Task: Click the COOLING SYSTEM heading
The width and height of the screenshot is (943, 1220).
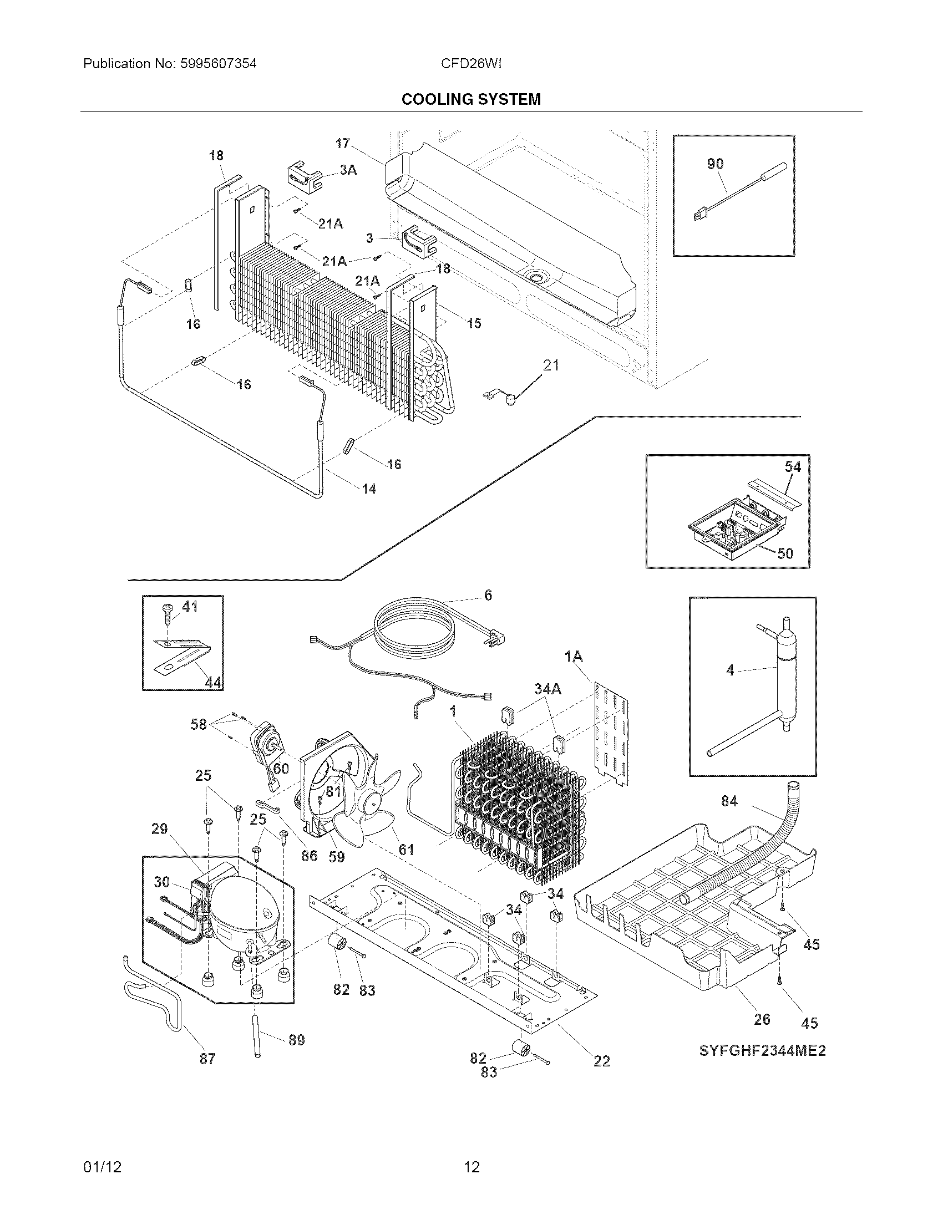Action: coord(471,99)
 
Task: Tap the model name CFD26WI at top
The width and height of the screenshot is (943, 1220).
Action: coord(470,64)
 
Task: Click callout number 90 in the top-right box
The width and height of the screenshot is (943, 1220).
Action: coord(715,164)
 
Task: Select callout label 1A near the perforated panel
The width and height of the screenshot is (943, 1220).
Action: coord(573,657)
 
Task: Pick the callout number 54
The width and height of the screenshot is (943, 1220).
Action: coord(793,466)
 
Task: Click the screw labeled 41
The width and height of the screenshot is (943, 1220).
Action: coord(168,614)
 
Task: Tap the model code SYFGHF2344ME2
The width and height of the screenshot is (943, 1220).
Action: coord(762,1051)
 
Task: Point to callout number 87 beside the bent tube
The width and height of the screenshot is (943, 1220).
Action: coord(207,1058)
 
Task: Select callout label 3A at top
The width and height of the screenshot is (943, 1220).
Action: coord(348,170)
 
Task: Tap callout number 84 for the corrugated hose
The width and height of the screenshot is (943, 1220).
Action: coord(729,801)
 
